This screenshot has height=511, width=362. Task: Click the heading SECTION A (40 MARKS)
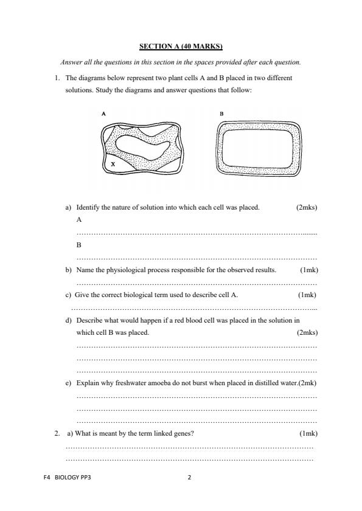pos(181,46)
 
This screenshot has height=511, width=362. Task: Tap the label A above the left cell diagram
pos(104,114)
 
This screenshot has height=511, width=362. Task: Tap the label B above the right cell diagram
pos(221,114)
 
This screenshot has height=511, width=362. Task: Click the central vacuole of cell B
pos(258,148)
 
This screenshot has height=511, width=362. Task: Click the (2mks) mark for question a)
pos(307,208)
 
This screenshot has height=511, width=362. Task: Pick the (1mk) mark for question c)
pos(307,295)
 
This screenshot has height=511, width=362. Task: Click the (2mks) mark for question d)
pos(307,332)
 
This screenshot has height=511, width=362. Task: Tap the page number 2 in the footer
pos(189,478)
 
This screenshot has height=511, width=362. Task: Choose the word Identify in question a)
pos(88,208)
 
